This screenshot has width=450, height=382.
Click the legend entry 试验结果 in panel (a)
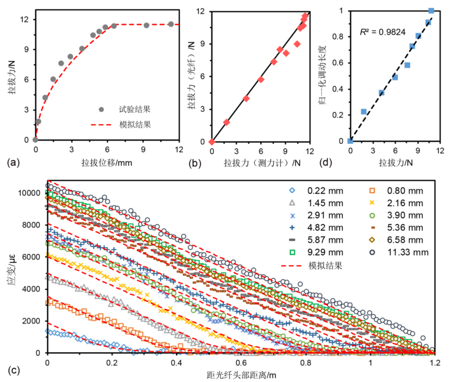130,109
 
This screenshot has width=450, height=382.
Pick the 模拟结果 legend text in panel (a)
130,124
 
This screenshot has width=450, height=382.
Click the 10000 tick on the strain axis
29,193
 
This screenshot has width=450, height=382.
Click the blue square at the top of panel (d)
431,11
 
